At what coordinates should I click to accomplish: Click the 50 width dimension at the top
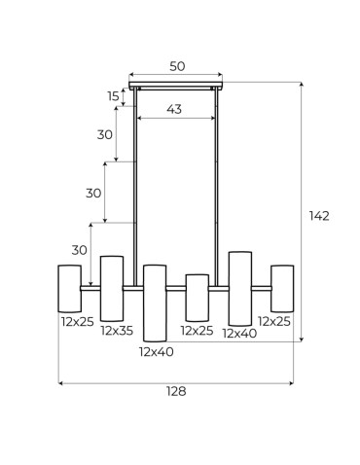click(176, 67)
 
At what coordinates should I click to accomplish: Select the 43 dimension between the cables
click(174, 109)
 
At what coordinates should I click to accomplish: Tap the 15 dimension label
click(113, 96)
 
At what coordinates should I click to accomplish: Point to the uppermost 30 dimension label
click(104, 134)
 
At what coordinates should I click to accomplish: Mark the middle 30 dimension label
click(92, 193)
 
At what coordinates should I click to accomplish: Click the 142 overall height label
click(318, 215)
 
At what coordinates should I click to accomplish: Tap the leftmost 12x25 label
click(76, 320)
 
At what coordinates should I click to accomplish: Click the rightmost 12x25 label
click(274, 320)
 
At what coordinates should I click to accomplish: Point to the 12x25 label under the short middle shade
click(197, 330)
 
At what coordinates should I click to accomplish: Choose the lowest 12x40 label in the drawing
click(156, 351)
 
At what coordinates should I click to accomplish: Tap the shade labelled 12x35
click(112, 288)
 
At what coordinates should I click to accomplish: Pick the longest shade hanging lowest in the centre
click(155, 302)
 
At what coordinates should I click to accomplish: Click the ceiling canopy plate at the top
click(176, 86)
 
